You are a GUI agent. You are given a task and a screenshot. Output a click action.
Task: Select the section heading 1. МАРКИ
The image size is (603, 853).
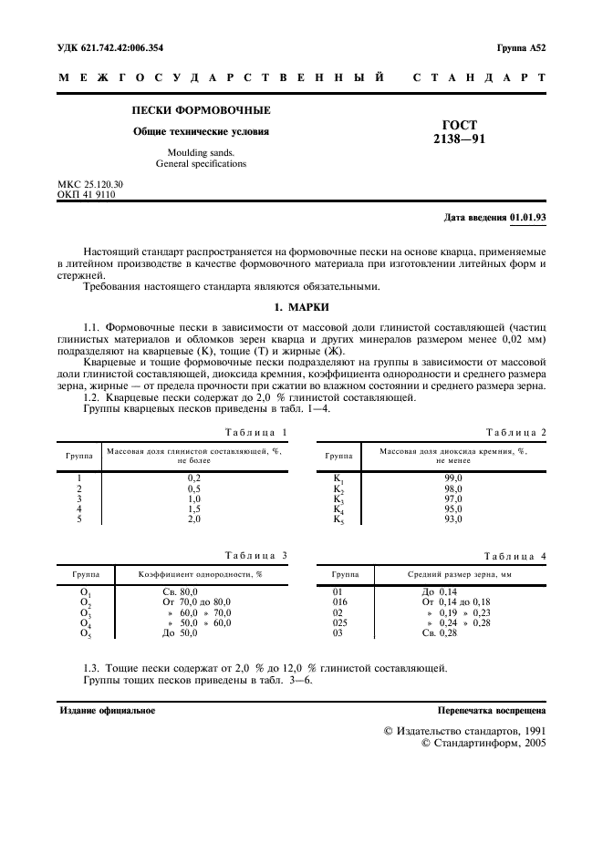301,306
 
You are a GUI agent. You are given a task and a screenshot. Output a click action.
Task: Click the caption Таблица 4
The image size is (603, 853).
515,555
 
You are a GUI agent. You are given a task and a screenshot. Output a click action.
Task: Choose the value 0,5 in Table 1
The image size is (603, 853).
193,488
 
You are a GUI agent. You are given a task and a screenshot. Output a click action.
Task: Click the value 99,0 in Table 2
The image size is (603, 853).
452,478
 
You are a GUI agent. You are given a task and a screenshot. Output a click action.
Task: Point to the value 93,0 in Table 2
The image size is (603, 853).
452,519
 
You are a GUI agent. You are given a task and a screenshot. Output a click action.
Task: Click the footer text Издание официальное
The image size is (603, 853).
107,710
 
